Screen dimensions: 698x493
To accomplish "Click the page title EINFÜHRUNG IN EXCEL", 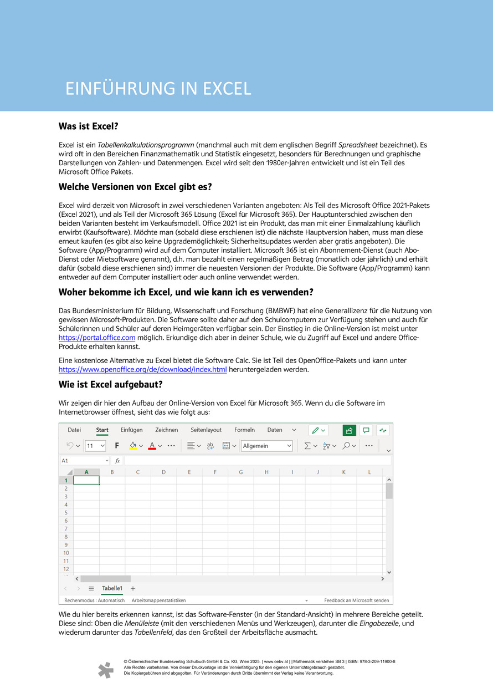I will [x=158, y=89].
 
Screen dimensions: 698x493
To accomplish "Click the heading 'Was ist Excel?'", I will [x=89, y=126].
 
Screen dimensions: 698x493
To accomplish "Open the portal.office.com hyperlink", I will [x=97, y=338].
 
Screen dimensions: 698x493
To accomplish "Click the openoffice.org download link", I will [x=142, y=370].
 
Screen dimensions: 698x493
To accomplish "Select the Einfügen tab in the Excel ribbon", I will [x=131, y=430].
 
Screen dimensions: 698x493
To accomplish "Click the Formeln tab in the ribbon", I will [x=244, y=430].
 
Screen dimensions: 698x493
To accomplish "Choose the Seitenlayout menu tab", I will [x=206, y=430].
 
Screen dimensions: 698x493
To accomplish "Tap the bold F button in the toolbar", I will [x=116, y=446].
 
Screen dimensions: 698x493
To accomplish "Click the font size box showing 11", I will [x=95, y=446].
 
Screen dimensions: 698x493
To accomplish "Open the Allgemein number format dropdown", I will [x=267, y=446].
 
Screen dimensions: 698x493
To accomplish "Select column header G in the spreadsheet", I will [x=240, y=472].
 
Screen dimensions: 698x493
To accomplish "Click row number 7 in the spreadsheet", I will [x=66, y=529].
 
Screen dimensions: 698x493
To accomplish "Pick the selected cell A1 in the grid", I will [x=86, y=481].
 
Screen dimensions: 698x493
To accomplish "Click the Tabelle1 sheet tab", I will [x=112, y=588].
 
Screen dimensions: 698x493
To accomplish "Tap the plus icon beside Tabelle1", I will [x=133, y=588].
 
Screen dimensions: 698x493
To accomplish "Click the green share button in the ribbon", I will [x=349, y=430].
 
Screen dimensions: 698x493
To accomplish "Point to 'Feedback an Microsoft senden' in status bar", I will [x=357, y=600].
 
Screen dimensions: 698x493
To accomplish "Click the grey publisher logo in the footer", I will [x=105, y=670].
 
